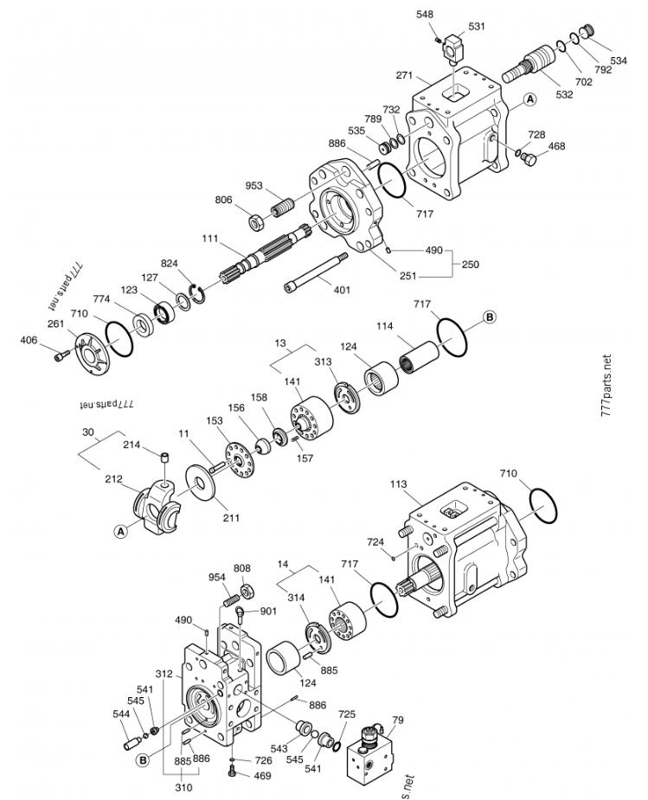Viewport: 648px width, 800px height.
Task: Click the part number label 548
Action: point(425,15)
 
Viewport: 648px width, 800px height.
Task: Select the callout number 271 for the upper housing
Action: point(404,75)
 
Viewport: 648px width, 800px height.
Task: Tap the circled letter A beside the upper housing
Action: point(530,99)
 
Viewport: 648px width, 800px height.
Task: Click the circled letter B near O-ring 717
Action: point(489,317)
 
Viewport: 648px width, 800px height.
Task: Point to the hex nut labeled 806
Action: point(255,222)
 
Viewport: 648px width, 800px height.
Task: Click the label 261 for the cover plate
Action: point(55,324)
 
